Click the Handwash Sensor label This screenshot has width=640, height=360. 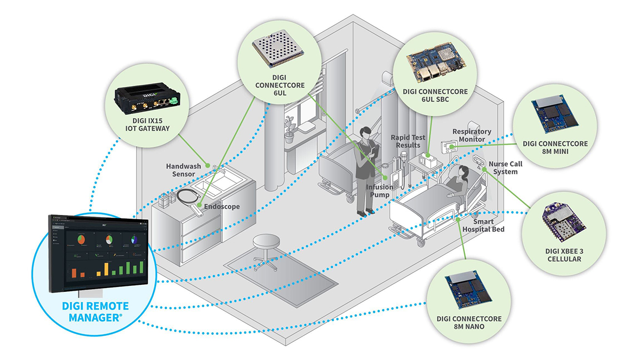point(182,170)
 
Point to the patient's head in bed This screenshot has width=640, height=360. point(460,172)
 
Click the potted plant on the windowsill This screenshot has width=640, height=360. point(289,129)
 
